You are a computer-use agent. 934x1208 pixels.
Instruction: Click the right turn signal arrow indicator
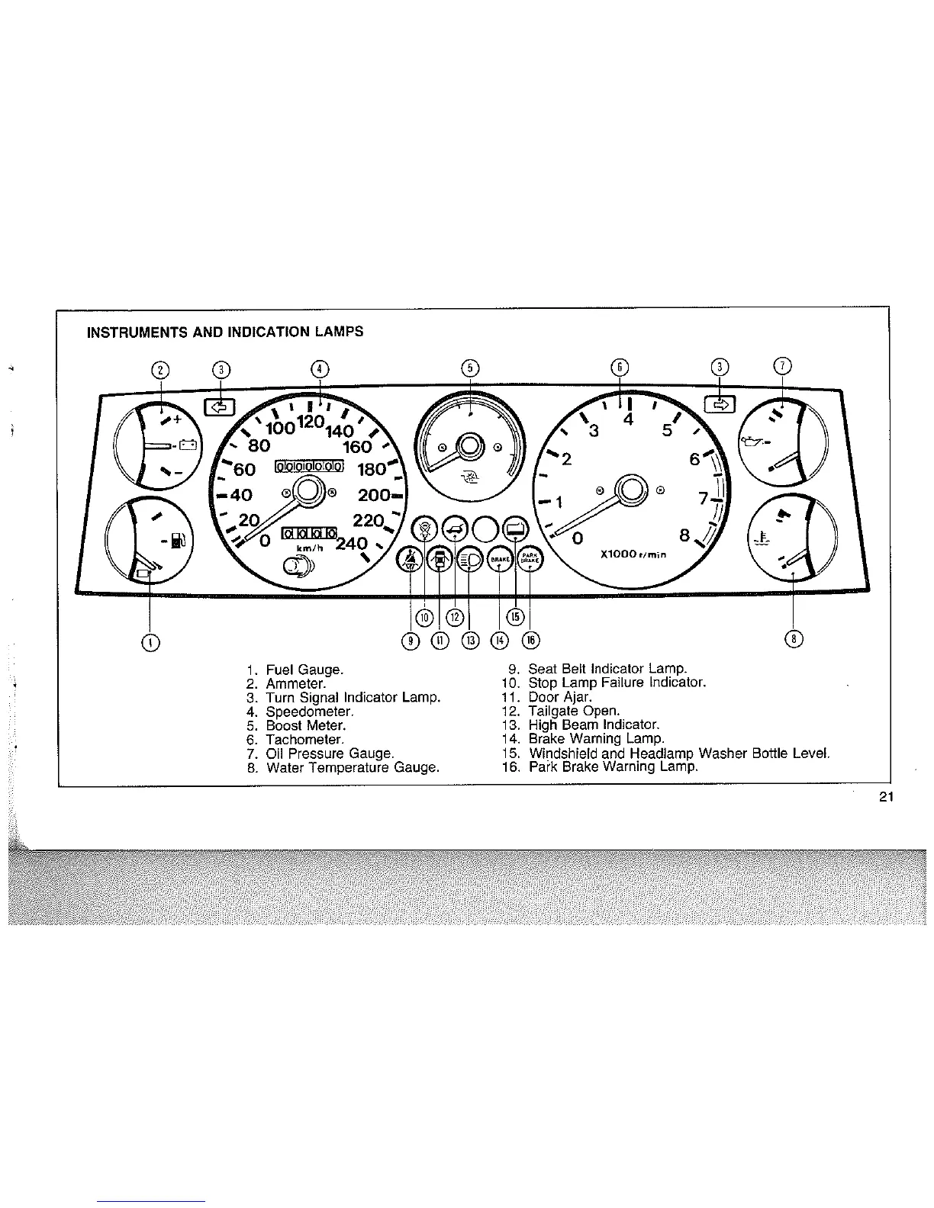pyautogui.click(x=718, y=405)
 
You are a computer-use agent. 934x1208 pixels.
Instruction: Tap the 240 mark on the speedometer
pyautogui.click(x=352, y=544)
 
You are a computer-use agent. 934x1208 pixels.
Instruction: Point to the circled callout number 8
pyautogui.click(x=794, y=638)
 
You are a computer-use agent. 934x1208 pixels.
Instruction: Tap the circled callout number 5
pyautogui.click(x=470, y=368)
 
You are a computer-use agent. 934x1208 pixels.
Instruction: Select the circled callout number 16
pyautogui.click(x=530, y=639)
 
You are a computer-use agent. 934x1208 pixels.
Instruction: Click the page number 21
pyautogui.click(x=885, y=798)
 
